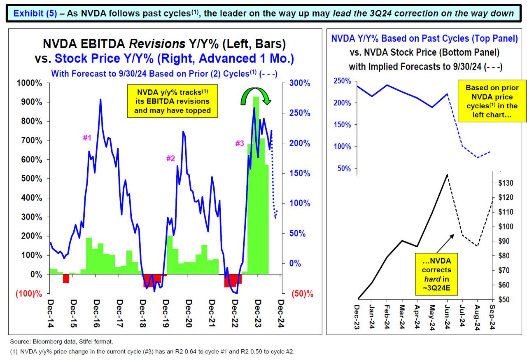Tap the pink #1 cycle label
click(87, 138)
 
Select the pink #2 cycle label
click(170, 158)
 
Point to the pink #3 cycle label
click(240, 144)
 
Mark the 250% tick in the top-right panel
click(343, 81)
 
